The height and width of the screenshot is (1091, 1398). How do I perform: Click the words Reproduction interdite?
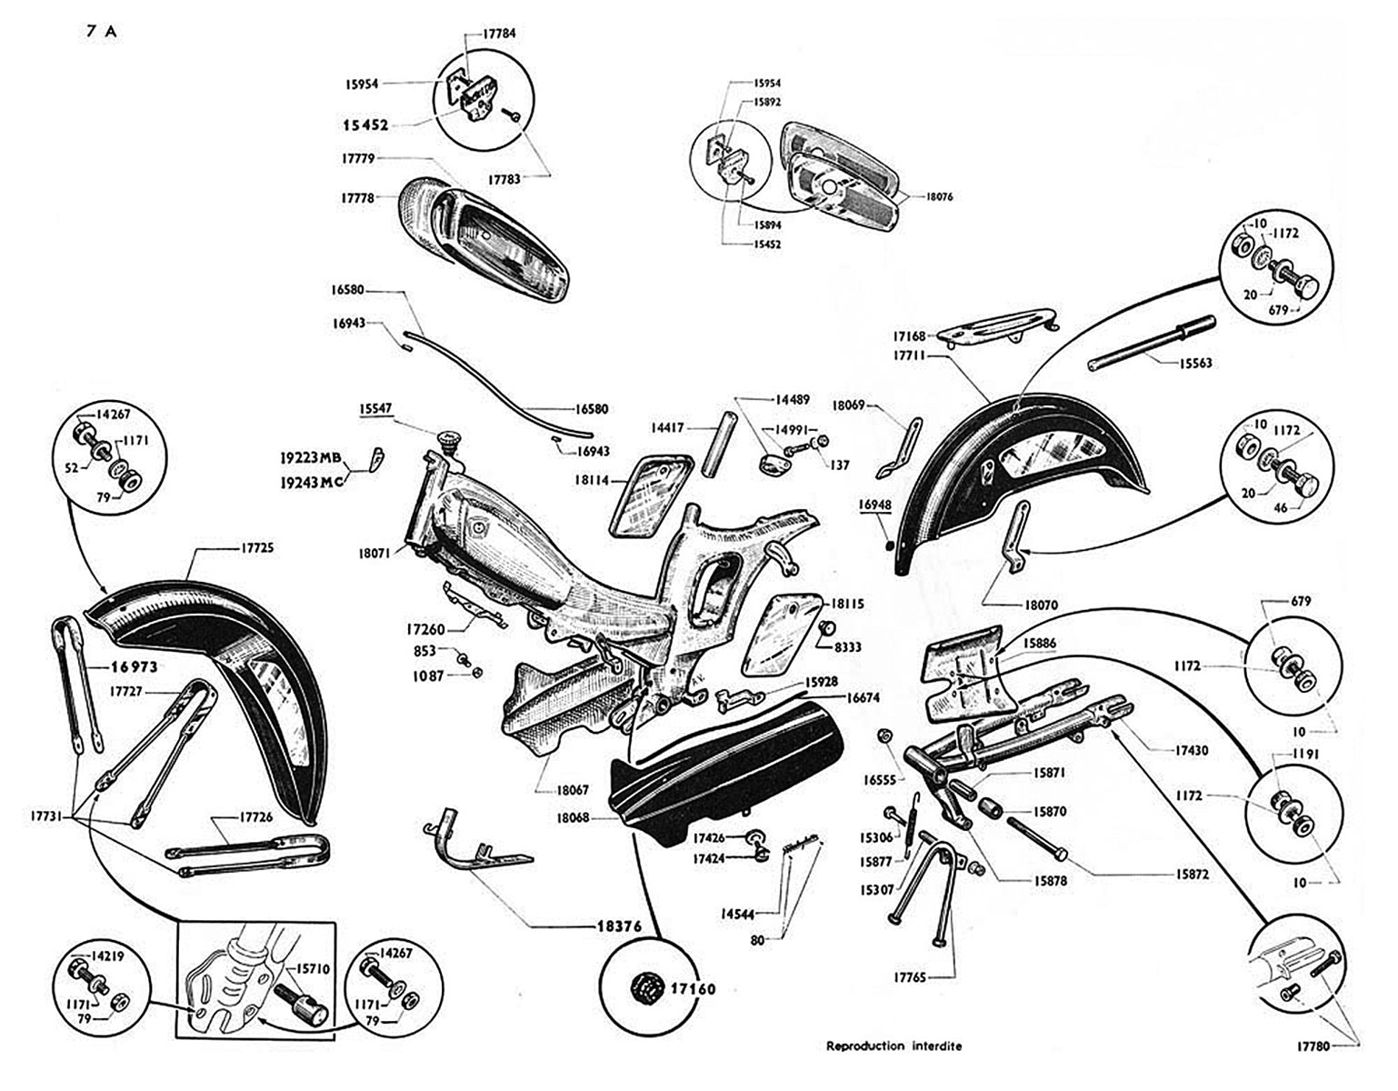[x=894, y=1046]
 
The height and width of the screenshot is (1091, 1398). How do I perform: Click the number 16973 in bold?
[x=135, y=666]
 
